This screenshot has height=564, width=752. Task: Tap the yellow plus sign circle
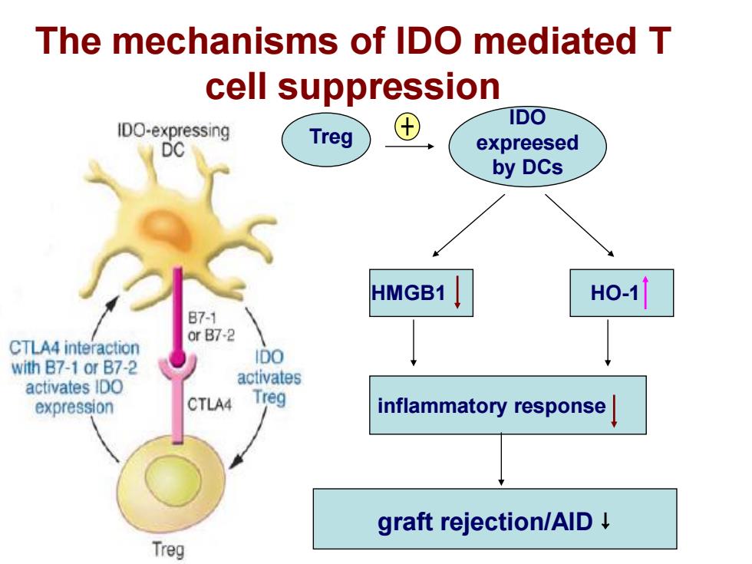click(407, 127)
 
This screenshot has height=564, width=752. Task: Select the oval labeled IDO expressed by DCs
click(528, 146)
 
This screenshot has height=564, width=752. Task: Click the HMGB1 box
click(421, 293)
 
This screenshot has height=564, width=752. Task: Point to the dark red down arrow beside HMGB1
click(457, 292)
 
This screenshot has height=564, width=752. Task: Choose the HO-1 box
click(622, 293)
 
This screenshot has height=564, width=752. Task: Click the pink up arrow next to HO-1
click(645, 292)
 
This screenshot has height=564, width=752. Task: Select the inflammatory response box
click(508, 405)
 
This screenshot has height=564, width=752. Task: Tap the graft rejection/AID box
click(495, 519)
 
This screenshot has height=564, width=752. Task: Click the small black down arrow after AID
click(605, 521)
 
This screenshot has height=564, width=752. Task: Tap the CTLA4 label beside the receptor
click(209, 405)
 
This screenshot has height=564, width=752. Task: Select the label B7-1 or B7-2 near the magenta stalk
click(211, 326)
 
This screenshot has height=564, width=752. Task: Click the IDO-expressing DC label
click(173, 140)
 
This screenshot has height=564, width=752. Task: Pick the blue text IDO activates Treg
click(269, 377)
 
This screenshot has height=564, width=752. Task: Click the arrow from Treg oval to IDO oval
click(410, 147)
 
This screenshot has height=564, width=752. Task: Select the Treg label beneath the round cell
click(168, 549)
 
